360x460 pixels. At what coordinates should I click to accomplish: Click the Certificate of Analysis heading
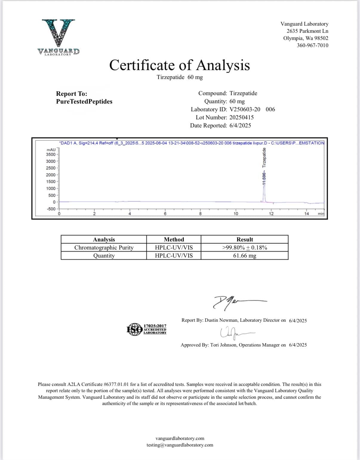click(x=179, y=65)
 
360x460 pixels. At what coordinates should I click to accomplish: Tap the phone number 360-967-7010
click(x=312, y=45)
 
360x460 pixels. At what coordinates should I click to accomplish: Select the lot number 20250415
click(x=241, y=117)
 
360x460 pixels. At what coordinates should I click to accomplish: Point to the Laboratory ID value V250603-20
click(x=245, y=109)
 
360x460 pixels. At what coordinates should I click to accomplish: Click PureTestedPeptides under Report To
click(x=84, y=101)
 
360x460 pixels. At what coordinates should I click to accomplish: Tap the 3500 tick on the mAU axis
click(x=51, y=154)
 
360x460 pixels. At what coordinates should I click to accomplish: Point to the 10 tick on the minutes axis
click(x=236, y=213)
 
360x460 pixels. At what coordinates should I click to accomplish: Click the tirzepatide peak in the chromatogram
click(x=264, y=185)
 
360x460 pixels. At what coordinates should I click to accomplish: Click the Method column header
click(x=174, y=239)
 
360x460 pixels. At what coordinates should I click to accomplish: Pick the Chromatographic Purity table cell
click(x=104, y=247)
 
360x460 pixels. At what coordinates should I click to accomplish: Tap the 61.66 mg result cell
click(x=244, y=256)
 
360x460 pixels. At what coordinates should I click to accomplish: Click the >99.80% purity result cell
click(x=244, y=247)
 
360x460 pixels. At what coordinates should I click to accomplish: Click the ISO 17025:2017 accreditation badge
click(x=147, y=329)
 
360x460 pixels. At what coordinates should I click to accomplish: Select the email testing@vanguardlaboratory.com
click(x=180, y=445)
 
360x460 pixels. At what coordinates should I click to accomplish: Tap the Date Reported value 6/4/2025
click(x=240, y=125)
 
